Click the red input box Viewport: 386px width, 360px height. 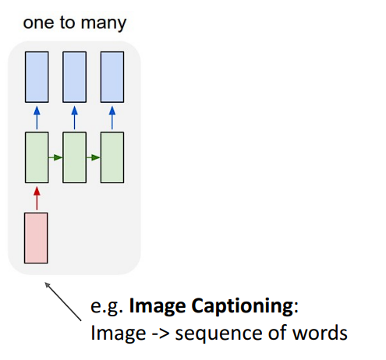[x=37, y=237]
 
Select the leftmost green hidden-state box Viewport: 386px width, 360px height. [x=37, y=158]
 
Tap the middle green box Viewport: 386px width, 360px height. [x=74, y=158]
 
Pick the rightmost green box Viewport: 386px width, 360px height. [x=112, y=158]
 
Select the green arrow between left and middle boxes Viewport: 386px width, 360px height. [x=55, y=158]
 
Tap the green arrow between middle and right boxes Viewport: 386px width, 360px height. [x=93, y=158]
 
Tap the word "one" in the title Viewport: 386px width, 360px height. [x=37, y=23]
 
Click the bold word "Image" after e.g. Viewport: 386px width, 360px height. [x=154, y=306]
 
